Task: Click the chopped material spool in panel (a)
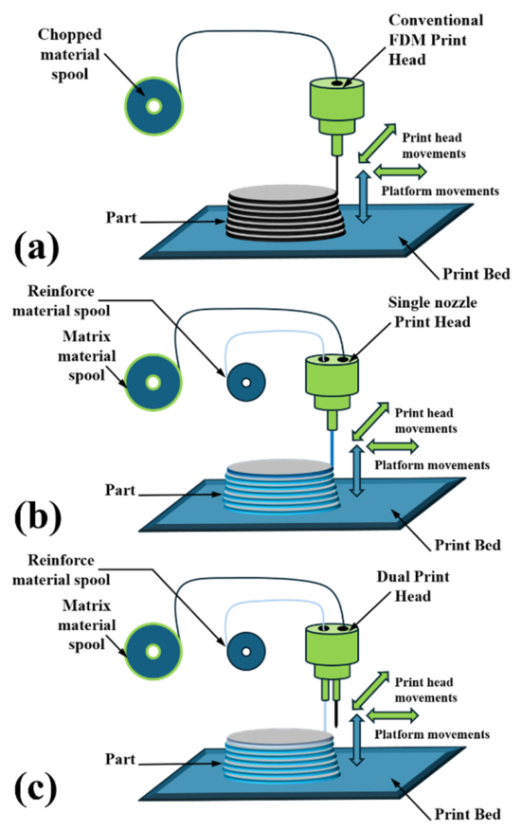tap(153, 106)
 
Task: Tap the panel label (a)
tap(36, 247)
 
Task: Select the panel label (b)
tap(37, 516)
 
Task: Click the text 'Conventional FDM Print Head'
tap(436, 40)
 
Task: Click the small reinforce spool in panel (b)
tap(246, 382)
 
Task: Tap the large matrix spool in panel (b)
tap(153, 381)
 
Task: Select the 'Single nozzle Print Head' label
tap(432, 313)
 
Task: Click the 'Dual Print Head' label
tap(413, 586)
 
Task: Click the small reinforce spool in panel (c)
tap(246, 651)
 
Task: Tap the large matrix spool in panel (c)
tap(153, 651)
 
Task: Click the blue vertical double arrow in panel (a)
tap(363, 196)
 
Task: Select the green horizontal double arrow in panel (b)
tap(392, 447)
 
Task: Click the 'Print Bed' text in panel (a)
tap(476, 274)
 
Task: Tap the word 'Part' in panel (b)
tap(120, 490)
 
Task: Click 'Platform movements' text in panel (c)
tap(432, 734)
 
